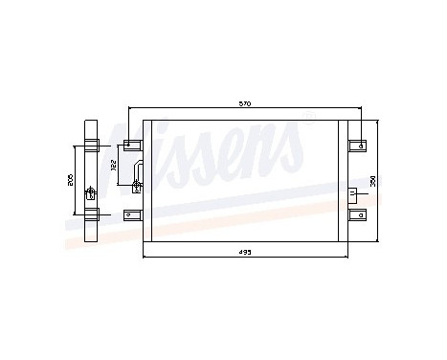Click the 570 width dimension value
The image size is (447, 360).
pyautogui.click(x=246, y=103)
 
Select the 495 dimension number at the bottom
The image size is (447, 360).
pyautogui.click(x=246, y=254)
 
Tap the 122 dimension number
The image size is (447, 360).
pyautogui.click(x=115, y=166)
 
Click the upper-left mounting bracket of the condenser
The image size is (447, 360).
pyautogui.click(x=131, y=146)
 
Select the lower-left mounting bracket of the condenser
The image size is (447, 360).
pyautogui.click(x=131, y=214)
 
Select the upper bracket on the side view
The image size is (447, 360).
pyautogui.click(x=91, y=146)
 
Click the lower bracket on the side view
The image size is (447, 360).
pyautogui.click(x=91, y=214)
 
